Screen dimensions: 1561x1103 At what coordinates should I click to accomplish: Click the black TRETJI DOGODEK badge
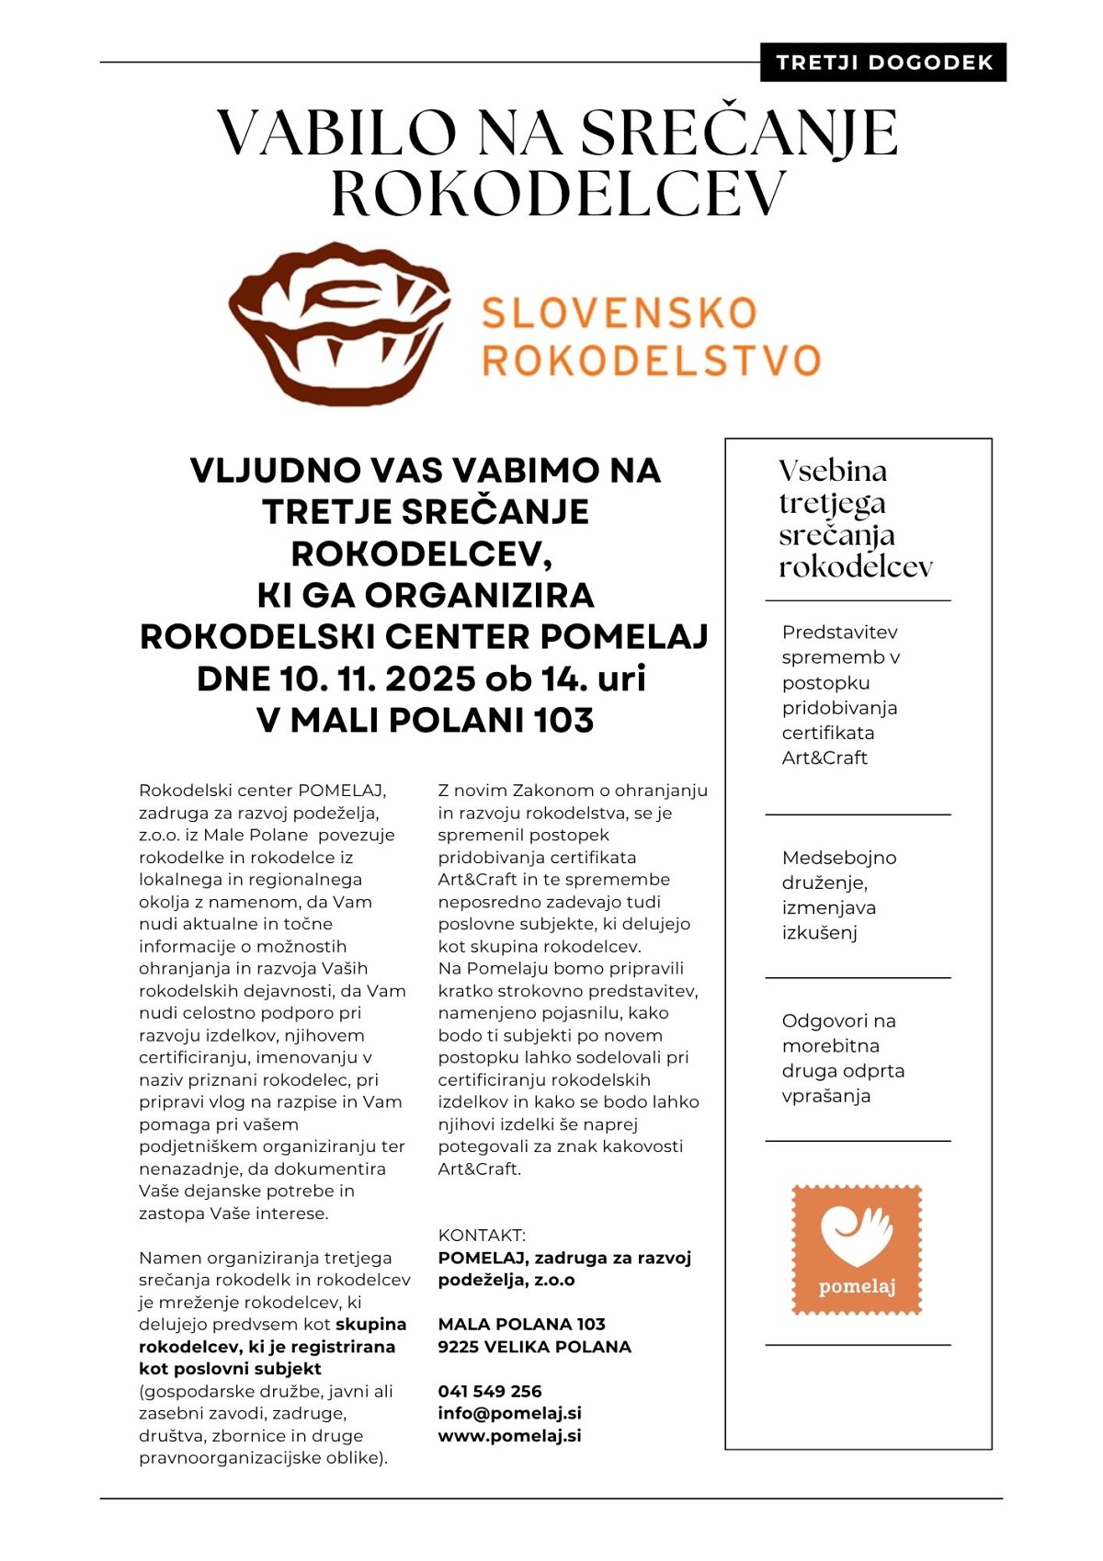[x=883, y=63]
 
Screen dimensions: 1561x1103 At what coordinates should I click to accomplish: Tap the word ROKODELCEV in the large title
[x=558, y=193]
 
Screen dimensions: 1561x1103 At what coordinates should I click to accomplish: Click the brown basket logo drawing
[x=339, y=323]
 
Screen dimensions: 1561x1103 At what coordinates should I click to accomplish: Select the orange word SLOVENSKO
[x=620, y=313]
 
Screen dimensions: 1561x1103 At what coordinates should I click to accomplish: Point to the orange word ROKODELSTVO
[x=651, y=360]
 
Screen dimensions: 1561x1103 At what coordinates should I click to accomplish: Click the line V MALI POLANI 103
[x=425, y=720]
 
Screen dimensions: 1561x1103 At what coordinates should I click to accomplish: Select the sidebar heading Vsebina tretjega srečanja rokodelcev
[x=855, y=518]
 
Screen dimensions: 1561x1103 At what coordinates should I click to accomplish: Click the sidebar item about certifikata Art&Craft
[x=840, y=695]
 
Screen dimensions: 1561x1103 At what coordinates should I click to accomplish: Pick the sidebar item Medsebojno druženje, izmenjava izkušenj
[x=838, y=894]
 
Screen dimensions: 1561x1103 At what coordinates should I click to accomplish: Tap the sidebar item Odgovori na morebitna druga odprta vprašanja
[x=842, y=1058]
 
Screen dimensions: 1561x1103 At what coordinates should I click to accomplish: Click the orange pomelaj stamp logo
[x=857, y=1249]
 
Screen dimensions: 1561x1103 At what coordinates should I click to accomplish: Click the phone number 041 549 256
[x=490, y=1391]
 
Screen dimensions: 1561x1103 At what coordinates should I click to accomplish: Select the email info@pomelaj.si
[x=509, y=1413]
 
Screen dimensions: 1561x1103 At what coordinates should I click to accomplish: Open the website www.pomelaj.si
[x=509, y=1435]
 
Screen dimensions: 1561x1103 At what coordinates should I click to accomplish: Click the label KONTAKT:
[x=482, y=1235]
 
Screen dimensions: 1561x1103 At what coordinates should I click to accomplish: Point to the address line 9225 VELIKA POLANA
[x=534, y=1347]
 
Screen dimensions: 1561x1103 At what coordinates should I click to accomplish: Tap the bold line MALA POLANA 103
[x=521, y=1324]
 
